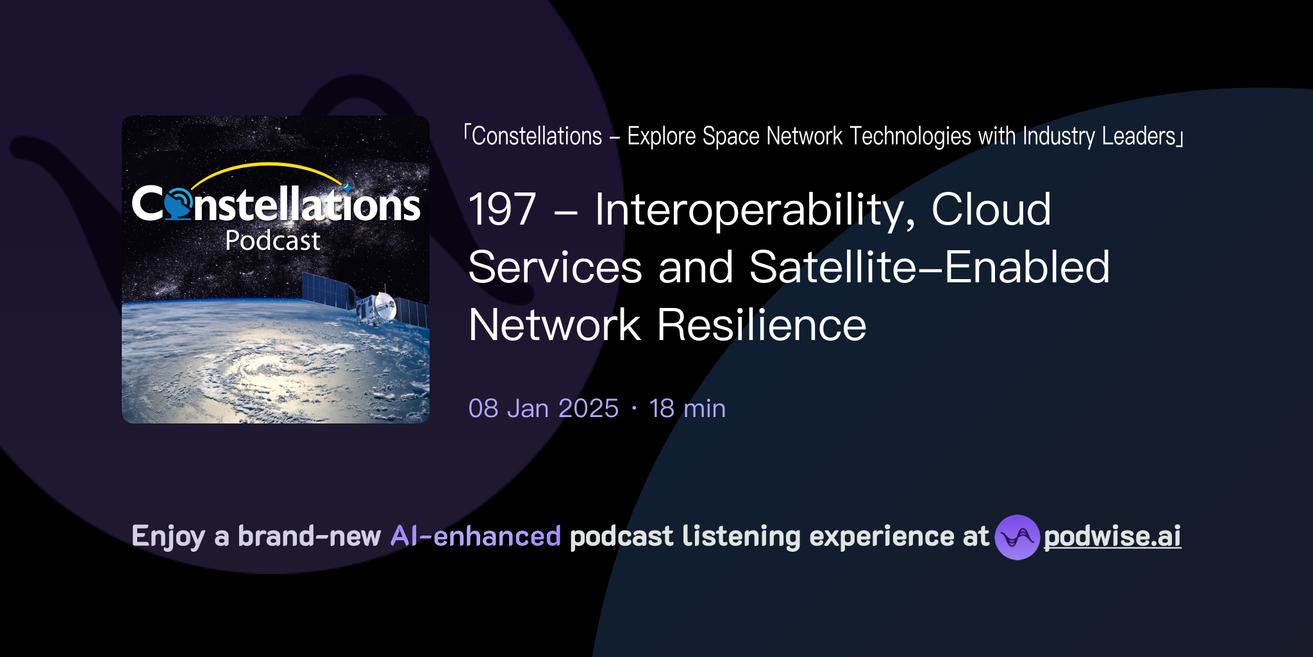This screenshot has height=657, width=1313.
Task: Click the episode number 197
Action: [502, 210]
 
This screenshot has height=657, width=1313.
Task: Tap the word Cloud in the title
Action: [991, 210]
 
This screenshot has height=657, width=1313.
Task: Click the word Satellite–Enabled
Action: [929, 268]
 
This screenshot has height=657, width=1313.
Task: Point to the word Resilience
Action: [762, 325]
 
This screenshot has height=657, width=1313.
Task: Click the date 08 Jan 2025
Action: [543, 409]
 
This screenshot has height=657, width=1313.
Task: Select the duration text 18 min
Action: [687, 409]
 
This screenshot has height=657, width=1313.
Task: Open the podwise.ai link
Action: [1112, 537]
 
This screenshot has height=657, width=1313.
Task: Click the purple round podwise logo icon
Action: [1017, 537]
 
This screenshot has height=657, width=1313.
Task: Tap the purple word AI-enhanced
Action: [476, 536]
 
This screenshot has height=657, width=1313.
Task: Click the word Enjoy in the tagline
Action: [168, 536]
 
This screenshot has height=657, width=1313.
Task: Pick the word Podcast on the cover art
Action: [272, 241]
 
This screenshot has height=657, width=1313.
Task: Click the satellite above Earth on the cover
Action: [378, 306]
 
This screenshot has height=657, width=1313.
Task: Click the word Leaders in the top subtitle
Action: [1138, 136]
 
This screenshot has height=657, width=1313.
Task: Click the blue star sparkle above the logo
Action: [347, 187]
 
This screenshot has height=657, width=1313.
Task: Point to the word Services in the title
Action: [555, 268]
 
